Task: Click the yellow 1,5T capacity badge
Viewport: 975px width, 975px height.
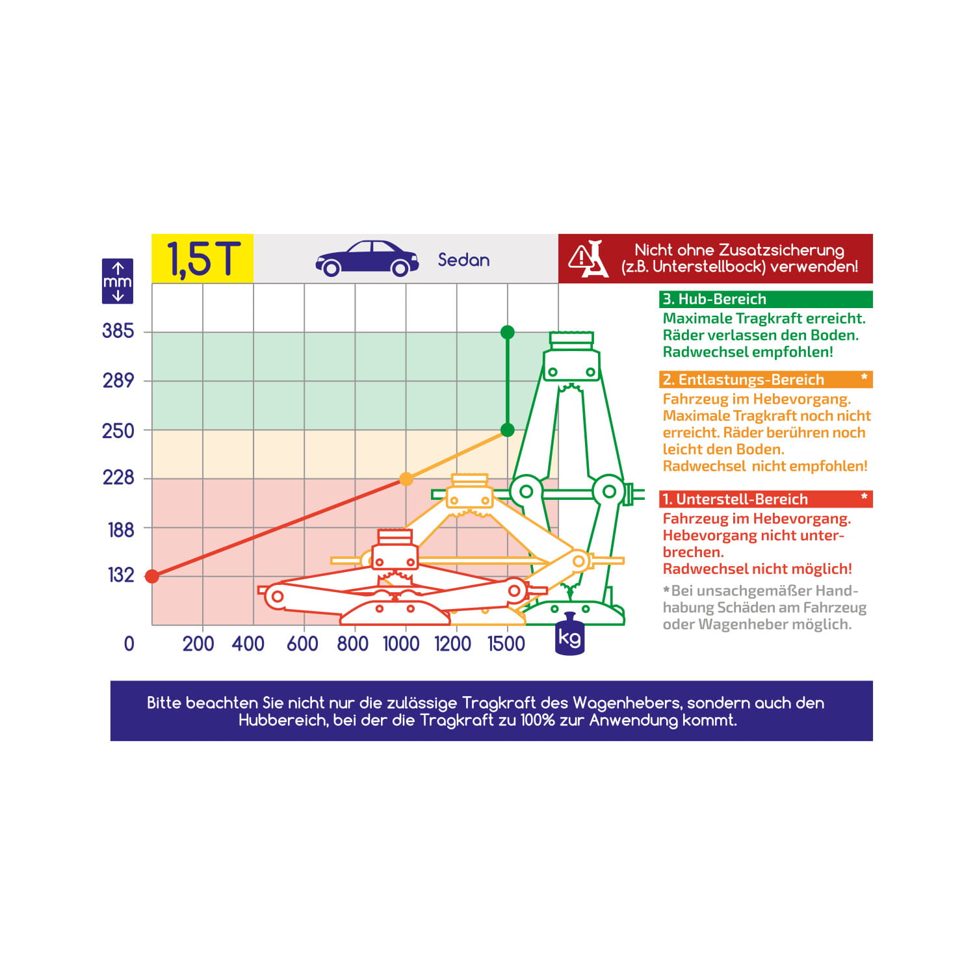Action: click(x=203, y=259)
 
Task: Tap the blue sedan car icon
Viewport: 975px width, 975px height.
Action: click(x=367, y=259)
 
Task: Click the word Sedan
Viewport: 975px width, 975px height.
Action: click(x=463, y=260)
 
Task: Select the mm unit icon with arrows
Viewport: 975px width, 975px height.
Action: click(x=118, y=281)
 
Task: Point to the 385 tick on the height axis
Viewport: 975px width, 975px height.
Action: click(x=118, y=331)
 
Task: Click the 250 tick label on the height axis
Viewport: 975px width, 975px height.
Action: click(x=118, y=431)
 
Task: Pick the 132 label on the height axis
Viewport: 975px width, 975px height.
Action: click(x=121, y=575)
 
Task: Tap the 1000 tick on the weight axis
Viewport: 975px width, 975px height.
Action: click(x=401, y=643)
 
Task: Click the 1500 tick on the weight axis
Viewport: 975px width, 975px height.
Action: click(x=506, y=643)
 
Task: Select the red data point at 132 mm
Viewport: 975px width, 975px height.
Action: click(x=152, y=577)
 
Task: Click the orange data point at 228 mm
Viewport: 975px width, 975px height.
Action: click(x=406, y=480)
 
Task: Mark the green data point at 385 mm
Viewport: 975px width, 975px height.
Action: click(x=508, y=333)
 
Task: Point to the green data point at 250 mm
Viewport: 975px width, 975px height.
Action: click(x=508, y=430)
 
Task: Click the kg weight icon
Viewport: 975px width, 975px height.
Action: click(x=570, y=634)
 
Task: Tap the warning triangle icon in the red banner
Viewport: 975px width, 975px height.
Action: click(x=580, y=258)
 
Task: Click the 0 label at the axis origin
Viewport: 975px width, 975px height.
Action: click(x=129, y=643)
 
